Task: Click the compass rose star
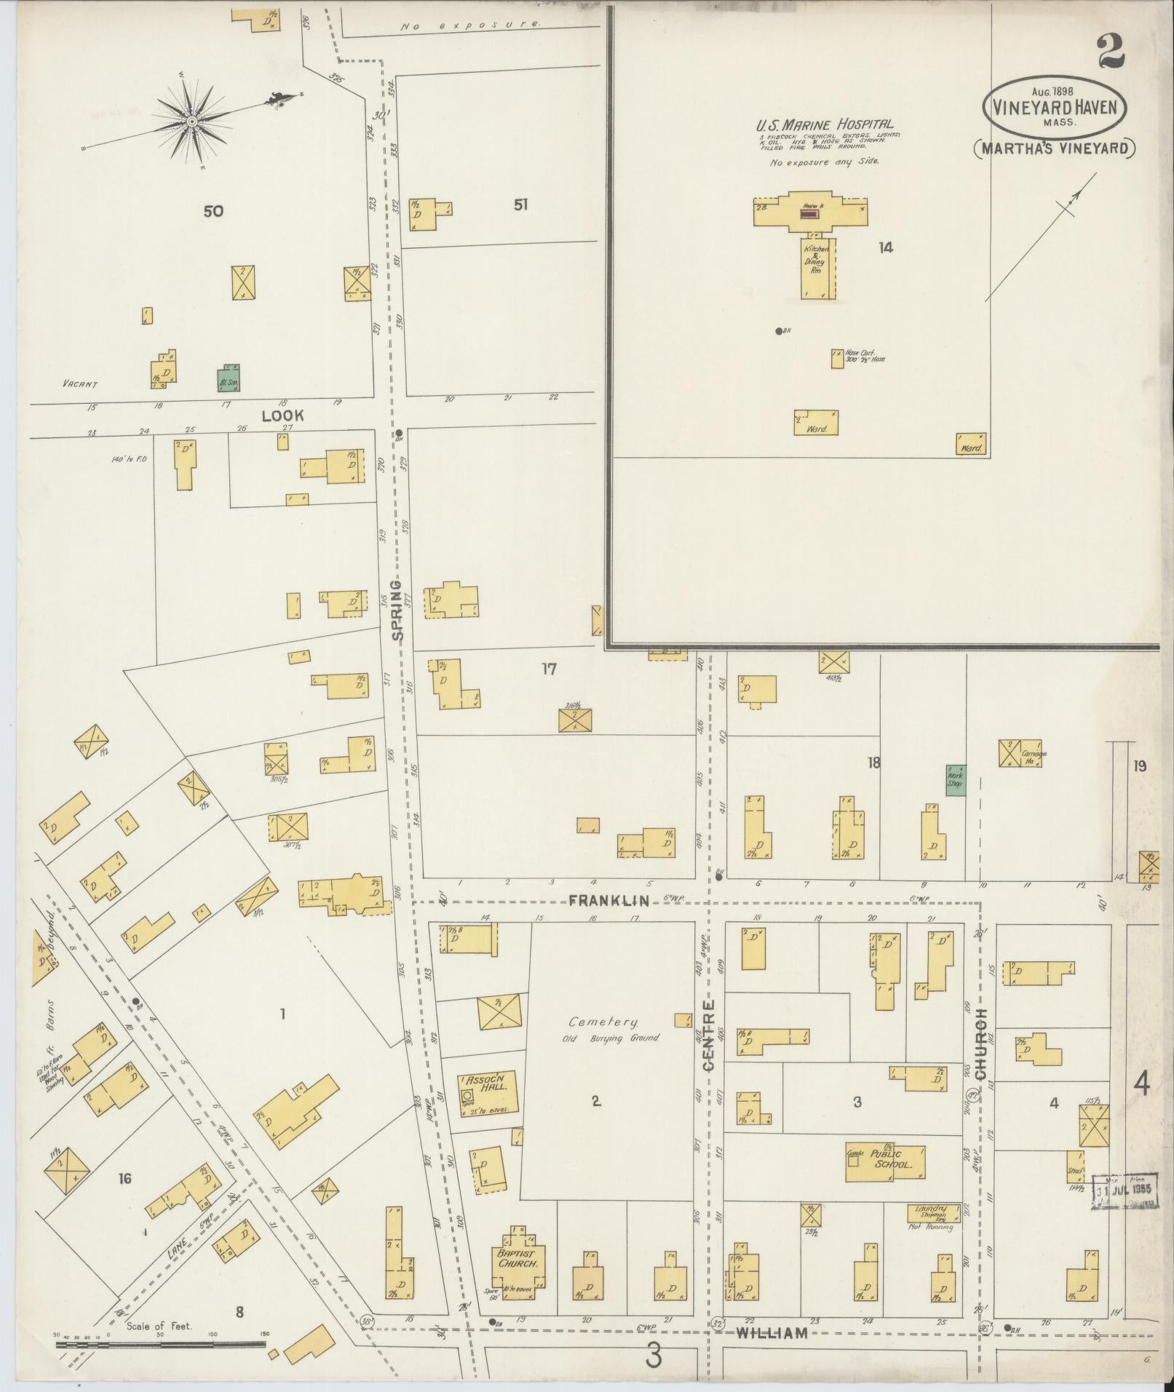[191, 121]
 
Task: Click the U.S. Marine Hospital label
[824, 125]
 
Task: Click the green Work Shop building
[956, 779]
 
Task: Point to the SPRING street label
[397, 610]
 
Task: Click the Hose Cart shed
[837, 358]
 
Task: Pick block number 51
[520, 205]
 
